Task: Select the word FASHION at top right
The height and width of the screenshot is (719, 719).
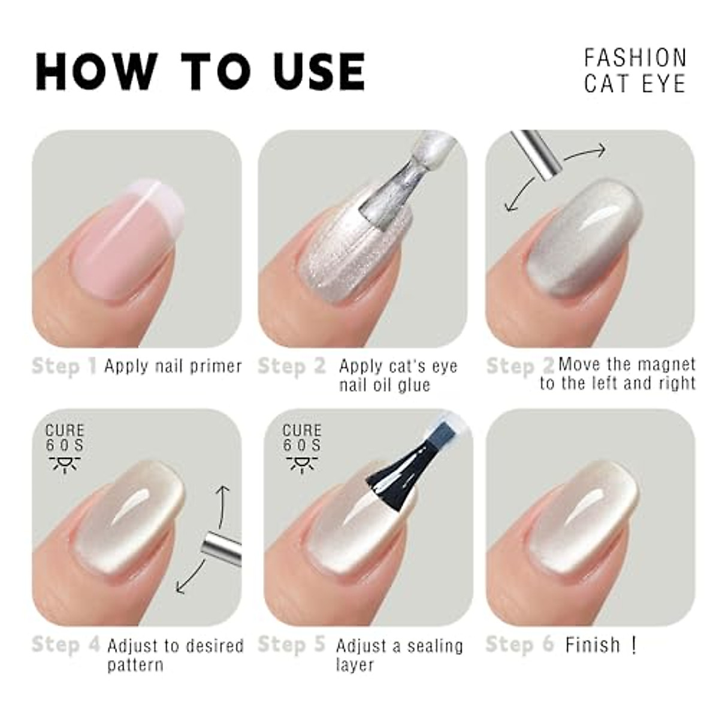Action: (x=635, y=58)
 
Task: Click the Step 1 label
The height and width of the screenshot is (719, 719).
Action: (x=64, y=366)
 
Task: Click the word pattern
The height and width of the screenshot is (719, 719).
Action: (x=135, y=664)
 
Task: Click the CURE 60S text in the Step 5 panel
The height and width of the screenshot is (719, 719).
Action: (x=302, y=437)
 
